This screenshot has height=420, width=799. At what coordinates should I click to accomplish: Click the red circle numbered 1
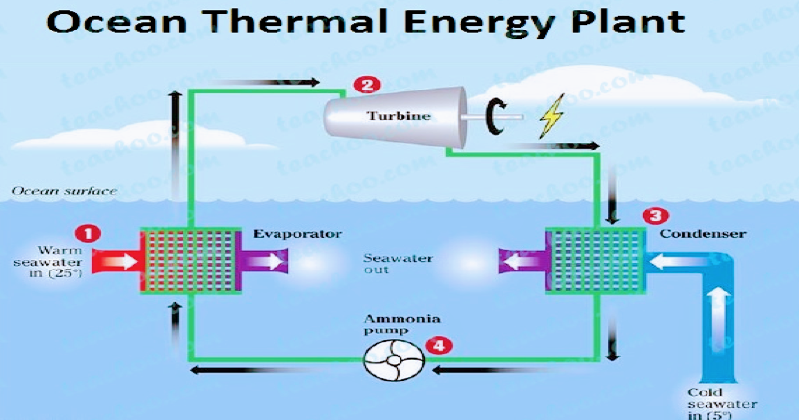(90, 233)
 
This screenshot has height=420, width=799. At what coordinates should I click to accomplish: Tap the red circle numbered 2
(367, 85)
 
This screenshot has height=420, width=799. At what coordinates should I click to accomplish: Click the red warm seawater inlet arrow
(112, 260)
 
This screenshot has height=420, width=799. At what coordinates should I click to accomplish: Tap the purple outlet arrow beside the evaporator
(264, 261)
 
